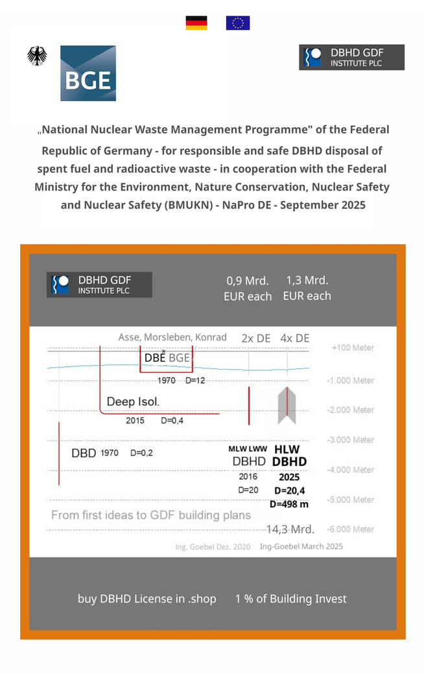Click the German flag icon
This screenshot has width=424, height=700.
click(x=196, y=23)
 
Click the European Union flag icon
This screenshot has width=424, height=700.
click(x=237, y=23)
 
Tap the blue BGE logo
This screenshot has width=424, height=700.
click(x=88, y=73)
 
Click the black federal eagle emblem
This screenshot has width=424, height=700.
click(x=37, y=56)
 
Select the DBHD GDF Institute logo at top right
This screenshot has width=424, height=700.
click(x=351, y=58)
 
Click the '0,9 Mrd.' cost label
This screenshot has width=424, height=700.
click(x=248, y=281)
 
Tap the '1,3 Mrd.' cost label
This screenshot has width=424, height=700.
click(x=307, y=280)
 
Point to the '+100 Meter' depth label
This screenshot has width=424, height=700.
click(x=353, y=348)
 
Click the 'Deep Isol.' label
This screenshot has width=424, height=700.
click(x=133, y=401)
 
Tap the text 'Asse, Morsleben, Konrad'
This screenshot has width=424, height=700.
click(x=172, y=337)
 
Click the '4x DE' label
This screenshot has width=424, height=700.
click(x=295, y=338)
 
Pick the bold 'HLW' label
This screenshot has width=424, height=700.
click(x=287, y=449)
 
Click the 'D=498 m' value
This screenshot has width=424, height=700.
click(x=289, y=504)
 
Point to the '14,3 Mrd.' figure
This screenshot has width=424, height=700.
click(x=290, y=529)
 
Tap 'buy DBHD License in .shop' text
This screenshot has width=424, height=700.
click(x=147, y=599)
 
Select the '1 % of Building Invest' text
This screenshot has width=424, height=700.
click(x=291, y=599)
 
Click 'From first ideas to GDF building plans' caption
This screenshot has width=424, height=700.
click(x=151, y=516)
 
